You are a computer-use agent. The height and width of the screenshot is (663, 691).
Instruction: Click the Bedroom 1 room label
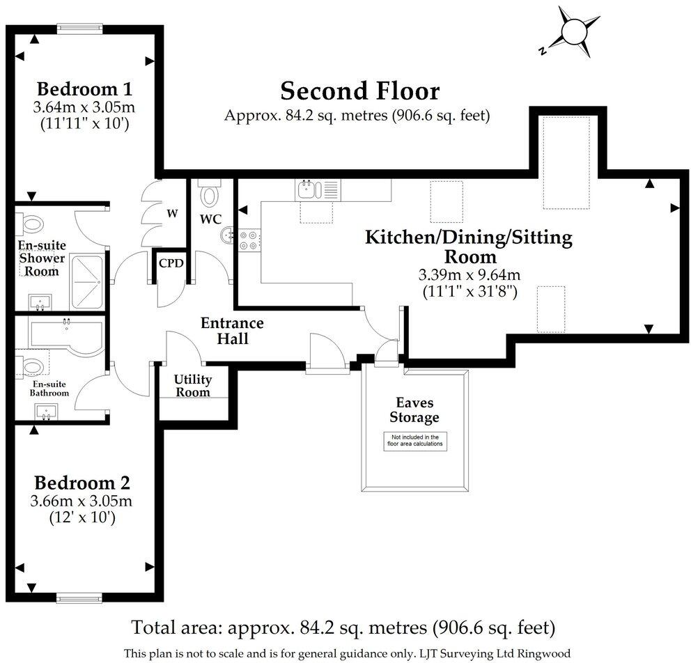point(84,89)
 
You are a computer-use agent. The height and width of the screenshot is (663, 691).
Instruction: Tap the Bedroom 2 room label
point(82,483)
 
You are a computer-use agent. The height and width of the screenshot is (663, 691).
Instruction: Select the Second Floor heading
point(360,91)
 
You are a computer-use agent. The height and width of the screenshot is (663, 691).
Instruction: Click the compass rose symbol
point(571,32)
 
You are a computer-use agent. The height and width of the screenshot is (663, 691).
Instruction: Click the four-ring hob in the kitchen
point(248,240)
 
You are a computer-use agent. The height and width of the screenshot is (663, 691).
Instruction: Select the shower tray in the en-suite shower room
point(87,282)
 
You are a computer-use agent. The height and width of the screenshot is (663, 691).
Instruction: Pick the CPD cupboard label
point(171,263)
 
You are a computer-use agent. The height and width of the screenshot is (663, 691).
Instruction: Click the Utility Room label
point(192,385)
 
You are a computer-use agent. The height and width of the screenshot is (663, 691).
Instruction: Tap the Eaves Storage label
point(414,409)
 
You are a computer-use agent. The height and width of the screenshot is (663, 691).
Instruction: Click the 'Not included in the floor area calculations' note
point(415,441)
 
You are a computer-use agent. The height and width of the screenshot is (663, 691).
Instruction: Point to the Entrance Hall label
point(232,331)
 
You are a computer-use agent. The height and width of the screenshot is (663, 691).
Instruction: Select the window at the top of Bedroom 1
point(80,29)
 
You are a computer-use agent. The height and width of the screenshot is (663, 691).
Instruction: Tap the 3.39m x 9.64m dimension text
point(469,275)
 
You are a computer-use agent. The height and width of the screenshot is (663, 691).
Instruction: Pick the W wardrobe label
point(172,214)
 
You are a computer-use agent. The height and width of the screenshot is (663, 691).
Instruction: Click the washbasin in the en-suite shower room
point(40,302)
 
